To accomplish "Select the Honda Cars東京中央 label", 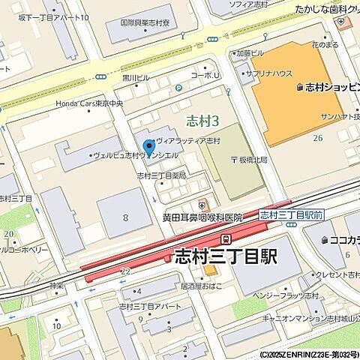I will pos(88,103).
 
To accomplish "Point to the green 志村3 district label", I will pos(202,119).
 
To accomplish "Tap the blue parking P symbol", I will pos(178,88).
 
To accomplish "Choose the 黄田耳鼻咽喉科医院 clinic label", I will pos(202,217).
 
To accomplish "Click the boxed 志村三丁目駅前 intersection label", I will pos(290,214).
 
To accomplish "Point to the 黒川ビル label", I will pos(136,76).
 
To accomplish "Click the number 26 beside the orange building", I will pos(318,137).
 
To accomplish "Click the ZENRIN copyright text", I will pos(309,354).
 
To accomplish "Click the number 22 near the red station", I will pos(124,271).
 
